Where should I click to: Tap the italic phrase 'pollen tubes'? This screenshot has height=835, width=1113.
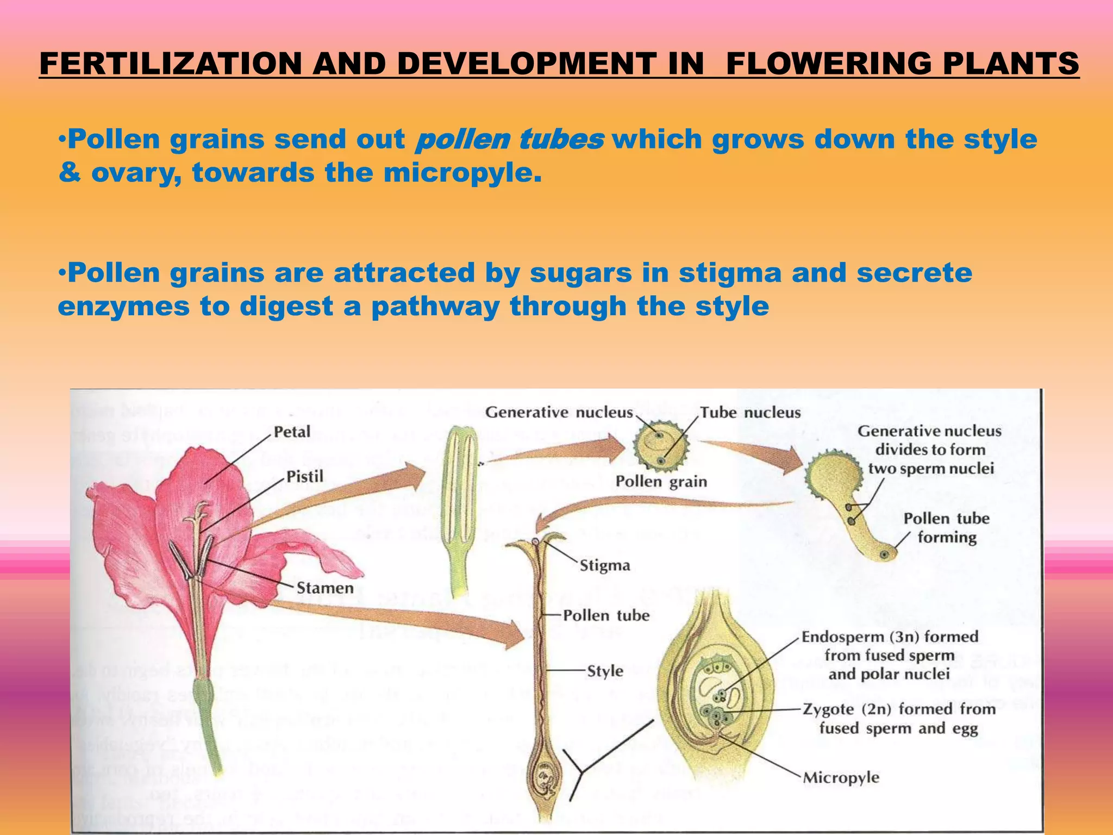(509, 140)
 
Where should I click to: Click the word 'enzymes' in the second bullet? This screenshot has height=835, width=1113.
(123, 307)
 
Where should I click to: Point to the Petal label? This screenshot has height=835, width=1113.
(292, 432)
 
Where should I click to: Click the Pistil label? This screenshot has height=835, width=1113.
(304, 477)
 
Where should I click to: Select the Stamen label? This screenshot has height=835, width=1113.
(325, 588)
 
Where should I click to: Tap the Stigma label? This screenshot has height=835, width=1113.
(604, 565)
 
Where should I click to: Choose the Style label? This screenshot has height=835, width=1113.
(605, 671)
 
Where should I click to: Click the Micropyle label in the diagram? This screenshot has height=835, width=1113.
(841, 777)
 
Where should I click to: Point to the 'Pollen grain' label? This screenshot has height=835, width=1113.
(661, 482)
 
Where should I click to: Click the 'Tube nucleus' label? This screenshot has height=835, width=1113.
(750, 413)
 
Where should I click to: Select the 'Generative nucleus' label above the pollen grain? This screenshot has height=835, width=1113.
(559, 413)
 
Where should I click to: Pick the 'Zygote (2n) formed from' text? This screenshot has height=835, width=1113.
(899, 709)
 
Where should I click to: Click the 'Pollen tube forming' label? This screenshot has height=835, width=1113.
(946, 527)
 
